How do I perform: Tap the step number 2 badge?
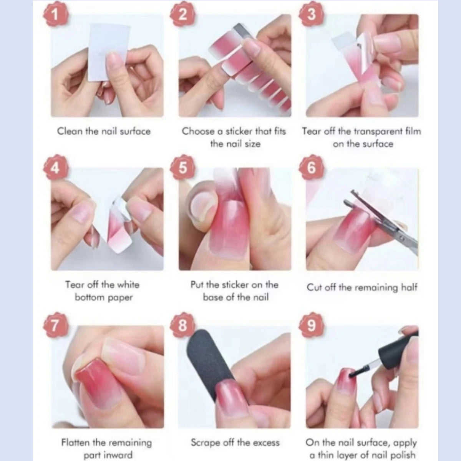click(183, 15)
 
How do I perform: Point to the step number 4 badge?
click(55, 167)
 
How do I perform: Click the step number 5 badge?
click(183, 167)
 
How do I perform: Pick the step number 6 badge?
click(311, 167)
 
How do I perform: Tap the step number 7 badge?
click(55, 325)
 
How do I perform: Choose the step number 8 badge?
click(183, 325)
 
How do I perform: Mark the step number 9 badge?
click(311, 325)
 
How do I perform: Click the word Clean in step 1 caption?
click(70, 131)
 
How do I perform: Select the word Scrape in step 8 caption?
click(206, 443)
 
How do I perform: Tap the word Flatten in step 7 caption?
click(75, 443)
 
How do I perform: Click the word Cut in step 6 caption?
click(314, 287)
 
